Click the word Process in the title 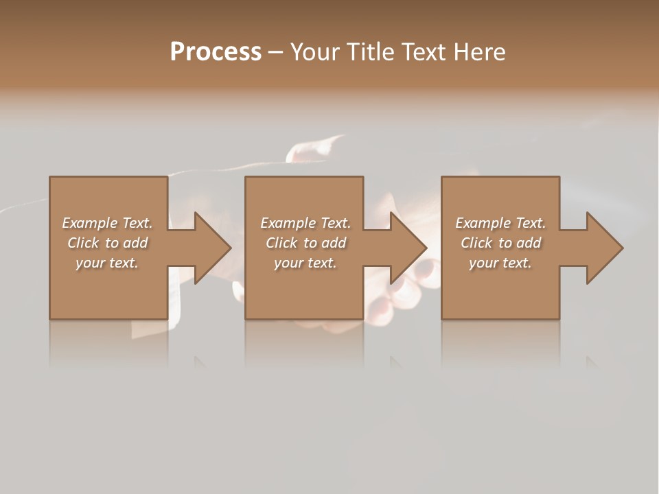(216, 52)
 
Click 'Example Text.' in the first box (108, 223)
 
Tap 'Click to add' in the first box (108, 243)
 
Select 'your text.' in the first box (108, 263)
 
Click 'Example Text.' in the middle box (305, 223)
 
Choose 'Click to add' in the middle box (305, 243)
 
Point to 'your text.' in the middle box (305, 263)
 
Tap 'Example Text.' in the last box (500, 223)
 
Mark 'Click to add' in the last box (500, 243)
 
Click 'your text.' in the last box (500, 263)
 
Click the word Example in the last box (483, 223)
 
